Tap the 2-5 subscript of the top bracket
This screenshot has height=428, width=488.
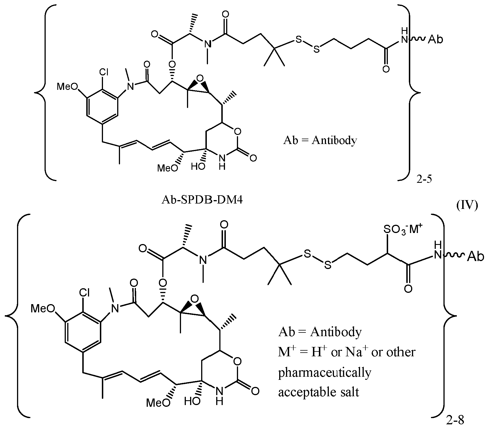pos(424,179)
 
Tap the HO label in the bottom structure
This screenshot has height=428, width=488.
pos(192,401)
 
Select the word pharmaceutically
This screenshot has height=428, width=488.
pos(325,372)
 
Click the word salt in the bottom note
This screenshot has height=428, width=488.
pos(350,392)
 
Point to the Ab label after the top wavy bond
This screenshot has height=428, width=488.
pos(435,39)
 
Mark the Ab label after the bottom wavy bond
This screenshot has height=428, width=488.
pos(475,257)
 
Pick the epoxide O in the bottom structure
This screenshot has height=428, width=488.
pos(194,298)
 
